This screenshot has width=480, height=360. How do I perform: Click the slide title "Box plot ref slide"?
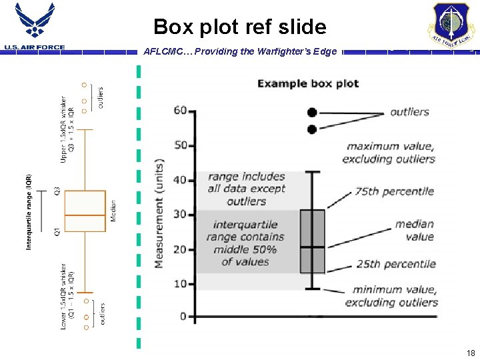click(240, 27)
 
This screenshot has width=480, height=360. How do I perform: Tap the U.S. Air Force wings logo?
click(35, 23)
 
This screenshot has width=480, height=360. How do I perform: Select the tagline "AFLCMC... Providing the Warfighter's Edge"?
click(240, 52)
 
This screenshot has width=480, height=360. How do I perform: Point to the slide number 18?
click(471, 353)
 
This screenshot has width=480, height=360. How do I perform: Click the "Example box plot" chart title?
click(308, 83)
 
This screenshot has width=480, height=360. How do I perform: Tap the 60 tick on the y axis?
click(180, 111)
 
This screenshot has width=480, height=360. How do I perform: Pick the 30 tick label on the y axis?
click(180, 215)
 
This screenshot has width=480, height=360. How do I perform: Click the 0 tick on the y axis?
click(183, 316)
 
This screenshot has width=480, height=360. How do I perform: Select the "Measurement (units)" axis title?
click(160, 213)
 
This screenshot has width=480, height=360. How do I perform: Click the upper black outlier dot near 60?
click(311, 112)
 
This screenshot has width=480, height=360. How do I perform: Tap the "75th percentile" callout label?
click(394, 191)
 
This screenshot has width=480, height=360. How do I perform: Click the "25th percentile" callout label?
click(395, 264)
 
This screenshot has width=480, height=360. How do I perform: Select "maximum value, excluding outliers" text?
click(390, 153)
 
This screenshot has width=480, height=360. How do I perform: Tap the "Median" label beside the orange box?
click(113, 211)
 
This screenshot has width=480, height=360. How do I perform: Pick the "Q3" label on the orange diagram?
click(57, 191)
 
